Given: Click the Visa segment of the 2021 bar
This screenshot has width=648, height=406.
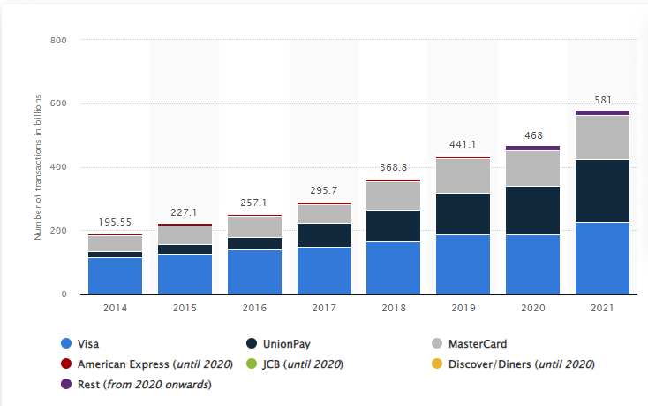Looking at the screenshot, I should [x=602, y=257].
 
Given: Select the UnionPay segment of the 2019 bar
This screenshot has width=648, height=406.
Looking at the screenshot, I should [x=463, y=214].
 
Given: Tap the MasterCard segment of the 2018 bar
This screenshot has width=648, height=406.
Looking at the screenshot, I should [x=393, y=195].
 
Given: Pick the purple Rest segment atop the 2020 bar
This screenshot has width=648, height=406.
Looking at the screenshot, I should [x=532, y=148].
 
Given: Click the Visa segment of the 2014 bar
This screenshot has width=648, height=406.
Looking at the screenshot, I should [x=115, y=275].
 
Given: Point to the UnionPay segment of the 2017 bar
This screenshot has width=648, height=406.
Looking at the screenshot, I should [x=324, y=235].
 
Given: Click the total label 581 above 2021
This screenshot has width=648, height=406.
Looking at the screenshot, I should [x=603, y=101].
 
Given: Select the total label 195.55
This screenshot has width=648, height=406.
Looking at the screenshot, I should [x=115, y=225].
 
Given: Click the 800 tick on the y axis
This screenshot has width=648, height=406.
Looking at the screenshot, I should [x=59, y=41].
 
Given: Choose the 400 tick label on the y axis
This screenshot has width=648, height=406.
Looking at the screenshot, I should [x=59, y=167].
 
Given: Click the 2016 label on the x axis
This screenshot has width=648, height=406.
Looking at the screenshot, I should [x=254, y=309].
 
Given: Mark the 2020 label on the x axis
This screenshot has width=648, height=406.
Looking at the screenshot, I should [x=532, y=309].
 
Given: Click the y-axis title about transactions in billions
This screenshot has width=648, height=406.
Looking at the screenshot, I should [x=38, y=168].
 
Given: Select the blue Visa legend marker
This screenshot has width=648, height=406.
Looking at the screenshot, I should [x=65, y=344].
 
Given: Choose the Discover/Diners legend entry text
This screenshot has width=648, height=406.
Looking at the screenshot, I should [x=522, y=364].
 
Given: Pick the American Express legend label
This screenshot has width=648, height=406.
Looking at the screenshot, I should [x=154, y=364].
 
